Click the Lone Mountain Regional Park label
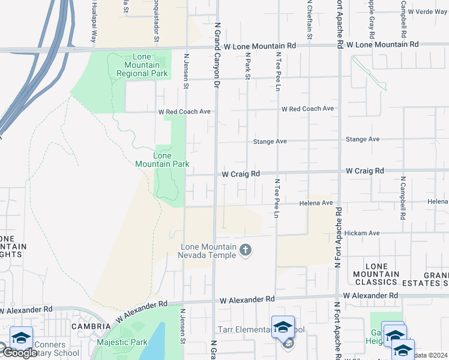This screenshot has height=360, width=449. (142, 65)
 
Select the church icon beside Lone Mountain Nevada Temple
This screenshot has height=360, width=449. (245, 250)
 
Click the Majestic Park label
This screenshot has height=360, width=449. (122, 343)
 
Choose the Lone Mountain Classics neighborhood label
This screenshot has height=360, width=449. (381, 274)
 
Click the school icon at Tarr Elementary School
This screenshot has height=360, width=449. (283, 327)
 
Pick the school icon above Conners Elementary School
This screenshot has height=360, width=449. (21, 338)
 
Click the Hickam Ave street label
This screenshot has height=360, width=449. (366, 233)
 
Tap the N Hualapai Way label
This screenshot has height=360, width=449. (94, 22)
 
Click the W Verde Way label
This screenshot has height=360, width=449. (427, 12)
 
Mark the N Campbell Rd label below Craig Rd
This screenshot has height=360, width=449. (403, 196)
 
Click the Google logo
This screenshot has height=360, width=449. (19, 352)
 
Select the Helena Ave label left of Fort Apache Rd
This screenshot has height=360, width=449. (316, 203)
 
